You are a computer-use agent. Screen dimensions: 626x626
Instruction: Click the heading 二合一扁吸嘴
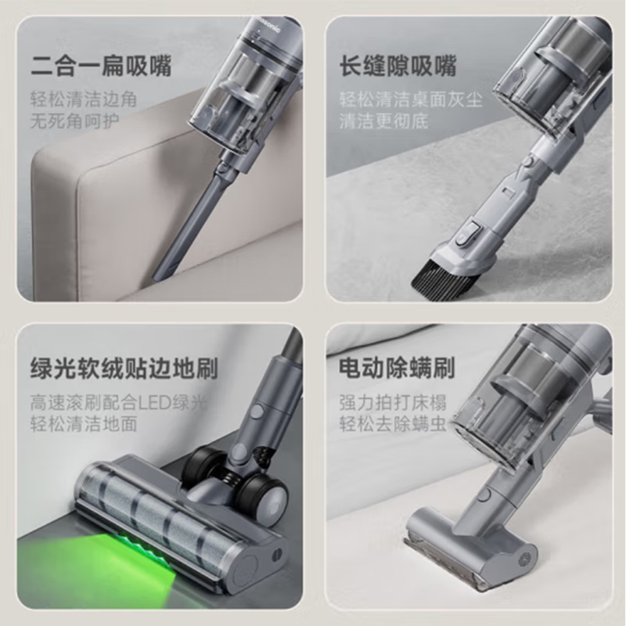click(100, 66)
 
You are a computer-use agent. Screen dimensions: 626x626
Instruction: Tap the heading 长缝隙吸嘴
click(398, 66)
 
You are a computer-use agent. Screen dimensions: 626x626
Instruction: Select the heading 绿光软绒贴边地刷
click(124, 369)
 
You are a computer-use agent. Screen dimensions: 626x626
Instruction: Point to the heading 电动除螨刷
click(398, 369)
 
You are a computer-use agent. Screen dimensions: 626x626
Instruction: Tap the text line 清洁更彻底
click(384, 122)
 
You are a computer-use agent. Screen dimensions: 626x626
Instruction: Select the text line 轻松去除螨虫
click(393, 424)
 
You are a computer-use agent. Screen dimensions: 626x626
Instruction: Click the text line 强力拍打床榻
click(393, 403)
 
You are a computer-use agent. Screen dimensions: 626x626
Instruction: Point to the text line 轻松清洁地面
click(84, 424)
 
